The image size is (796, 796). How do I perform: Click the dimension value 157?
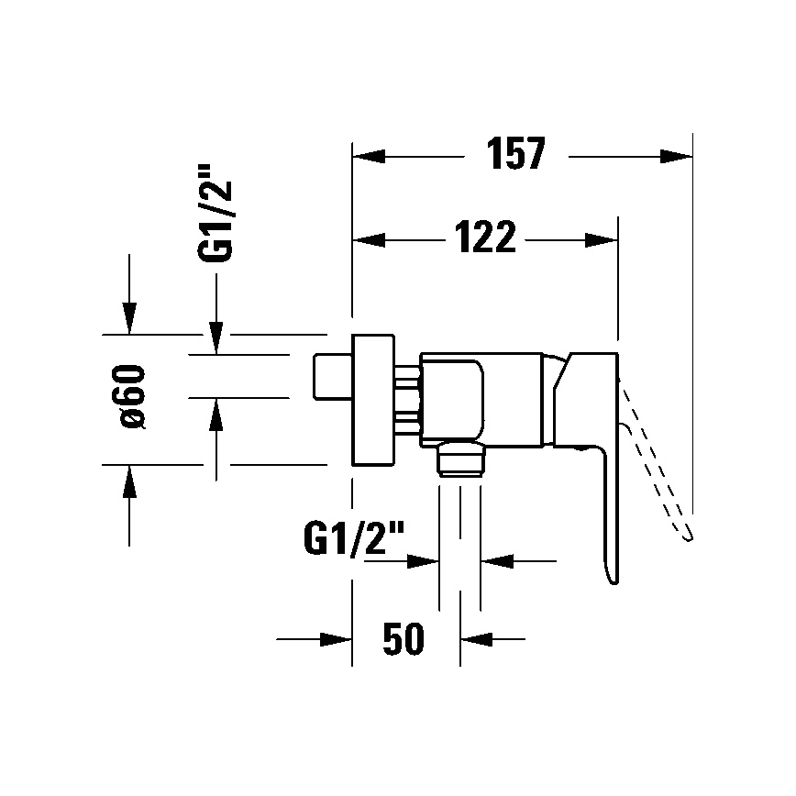(515, 155)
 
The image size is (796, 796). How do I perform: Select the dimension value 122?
(484, 239)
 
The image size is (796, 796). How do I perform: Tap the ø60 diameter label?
(134, 396)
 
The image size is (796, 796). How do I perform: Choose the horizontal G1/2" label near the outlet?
(352, 538)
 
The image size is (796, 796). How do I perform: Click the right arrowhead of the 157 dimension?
(677, 156)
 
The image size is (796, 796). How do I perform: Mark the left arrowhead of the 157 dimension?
(369, 156)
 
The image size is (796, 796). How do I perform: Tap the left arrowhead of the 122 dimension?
(369, 240)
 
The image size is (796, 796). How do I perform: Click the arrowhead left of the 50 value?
(337, 638)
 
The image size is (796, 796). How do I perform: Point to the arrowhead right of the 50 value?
(475, 638)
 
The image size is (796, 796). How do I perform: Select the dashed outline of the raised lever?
(658, 468)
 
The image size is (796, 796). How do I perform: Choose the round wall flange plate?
(374, 398)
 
